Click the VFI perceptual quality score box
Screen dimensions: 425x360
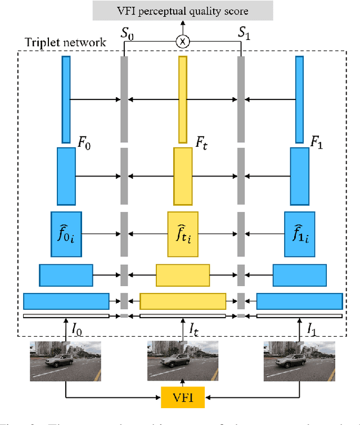tap(183, 11)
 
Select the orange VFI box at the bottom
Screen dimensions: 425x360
tap(183, 398)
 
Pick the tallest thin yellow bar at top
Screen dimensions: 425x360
tap(183, 100)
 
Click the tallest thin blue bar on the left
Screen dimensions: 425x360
tap(66, 100)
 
